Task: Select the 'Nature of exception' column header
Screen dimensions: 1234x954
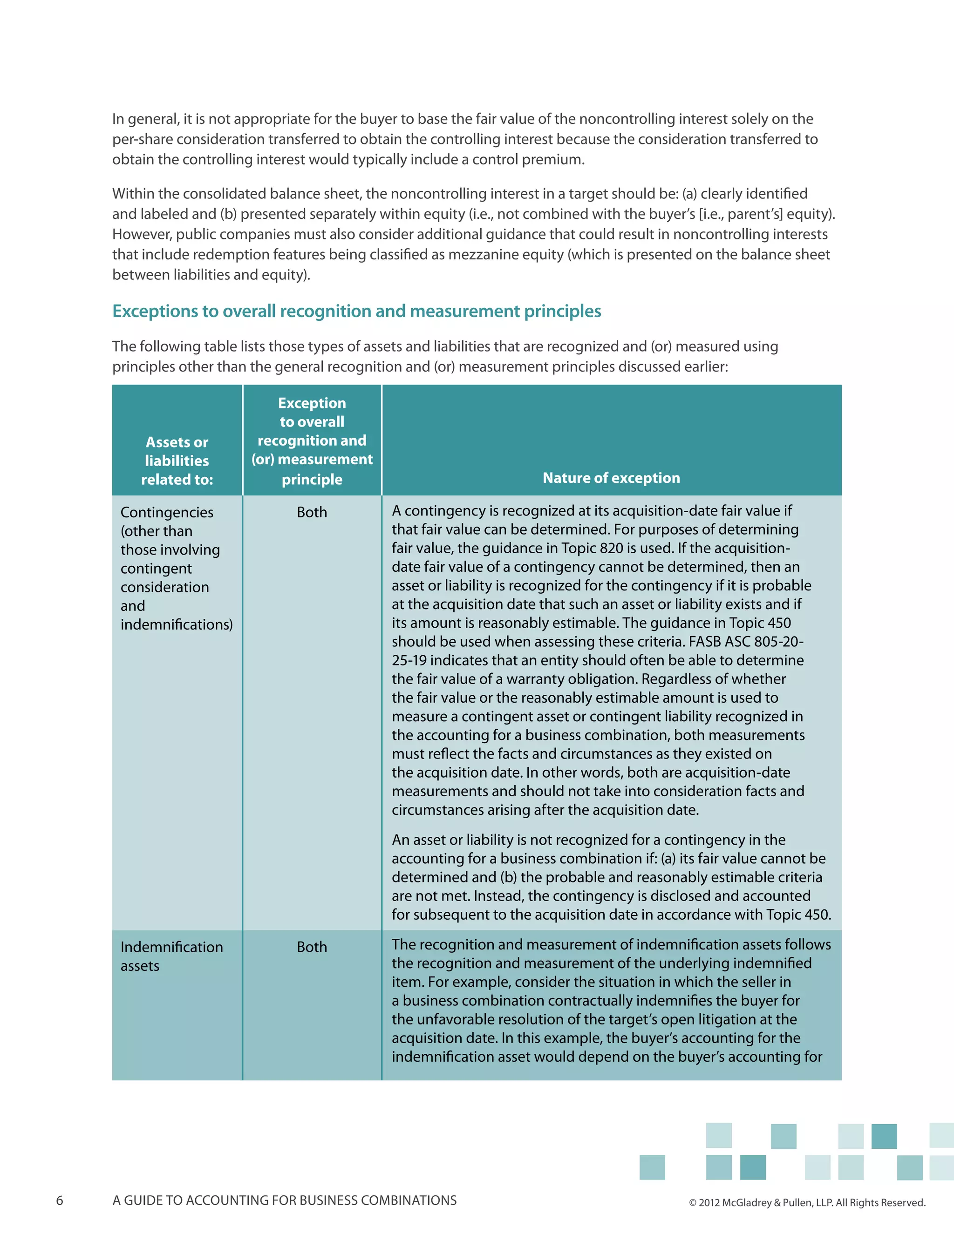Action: pyautogui.click(x=611, y=478)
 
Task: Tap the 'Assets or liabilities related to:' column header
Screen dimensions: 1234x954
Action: pyautogui.click(x=177, y=461)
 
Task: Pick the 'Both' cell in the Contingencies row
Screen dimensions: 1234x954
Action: pyautogui.click(x=312, y=513)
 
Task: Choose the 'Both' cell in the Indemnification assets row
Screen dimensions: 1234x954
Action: pyautogui.click(x=312, y=947)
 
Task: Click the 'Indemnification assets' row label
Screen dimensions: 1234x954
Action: pyautogui.click(x=171, y=956)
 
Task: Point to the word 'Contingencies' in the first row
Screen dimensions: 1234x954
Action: pyautogui.click(x=167, y=513)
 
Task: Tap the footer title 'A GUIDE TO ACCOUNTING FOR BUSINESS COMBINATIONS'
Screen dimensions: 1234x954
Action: pyautogui.click(x=284, y=1200)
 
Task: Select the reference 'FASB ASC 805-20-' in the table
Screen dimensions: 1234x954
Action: pyautogui.click(x=746, y=642)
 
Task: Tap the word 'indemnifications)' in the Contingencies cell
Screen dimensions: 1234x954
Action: pyautogui.click(x=177, y=625)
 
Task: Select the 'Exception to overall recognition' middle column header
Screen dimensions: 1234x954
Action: pyautogui.click(x=312, y=441)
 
